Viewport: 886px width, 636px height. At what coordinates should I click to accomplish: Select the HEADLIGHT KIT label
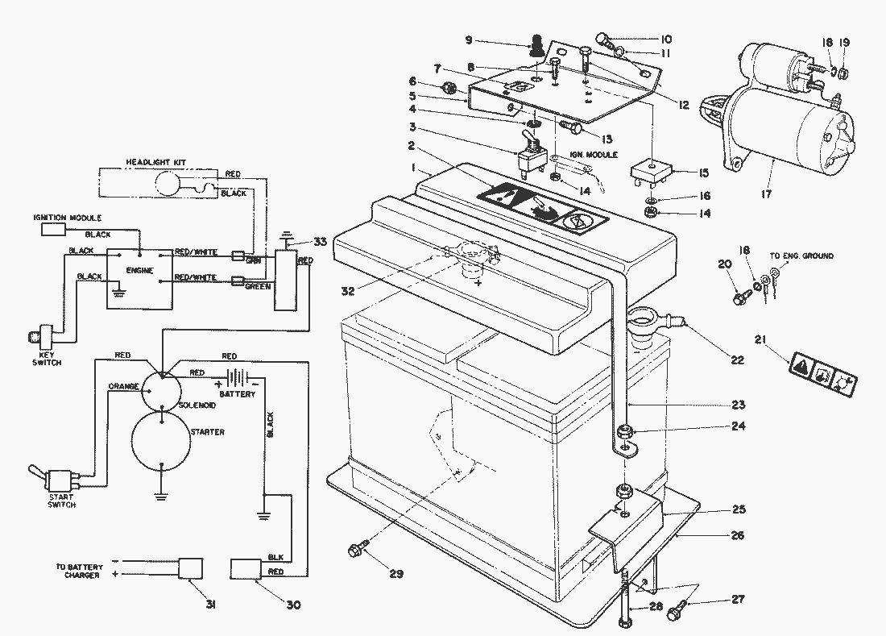point(155,164)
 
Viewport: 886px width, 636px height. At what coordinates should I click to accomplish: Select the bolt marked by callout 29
point(355,551)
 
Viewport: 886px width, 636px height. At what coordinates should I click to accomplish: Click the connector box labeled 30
point(246,568)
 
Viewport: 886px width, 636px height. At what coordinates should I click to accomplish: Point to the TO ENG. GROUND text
point(801,256)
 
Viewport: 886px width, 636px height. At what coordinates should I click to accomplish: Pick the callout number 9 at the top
point(491,39)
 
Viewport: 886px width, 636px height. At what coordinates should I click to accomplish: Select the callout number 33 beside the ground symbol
point(320,242)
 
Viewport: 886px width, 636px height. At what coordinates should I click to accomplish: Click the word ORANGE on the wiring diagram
point(124,385)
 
